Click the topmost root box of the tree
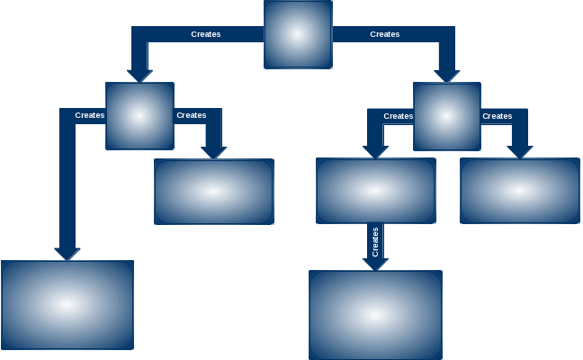pos(298,34)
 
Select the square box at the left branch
pos(139,116)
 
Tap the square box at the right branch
pos(447,116)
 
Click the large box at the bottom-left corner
pos(67,305)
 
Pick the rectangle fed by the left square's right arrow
pos(214,192)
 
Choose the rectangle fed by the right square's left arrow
pos(376,191)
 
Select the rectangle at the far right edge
pos(520,191)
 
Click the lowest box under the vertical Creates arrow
pos(375,315)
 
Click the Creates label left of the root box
pos(206,34)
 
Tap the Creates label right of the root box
pos(385,34)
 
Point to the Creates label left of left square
pos(90,115)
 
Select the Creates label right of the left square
pos(192,115)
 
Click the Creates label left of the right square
pos(399,116)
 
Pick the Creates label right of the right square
pos(498,116)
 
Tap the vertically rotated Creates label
pos(375,241)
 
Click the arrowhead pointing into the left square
pos(139,75)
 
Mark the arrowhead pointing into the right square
pos(447,76)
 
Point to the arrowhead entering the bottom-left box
pos(67,253)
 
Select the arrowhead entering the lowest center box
pos(375,263)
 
